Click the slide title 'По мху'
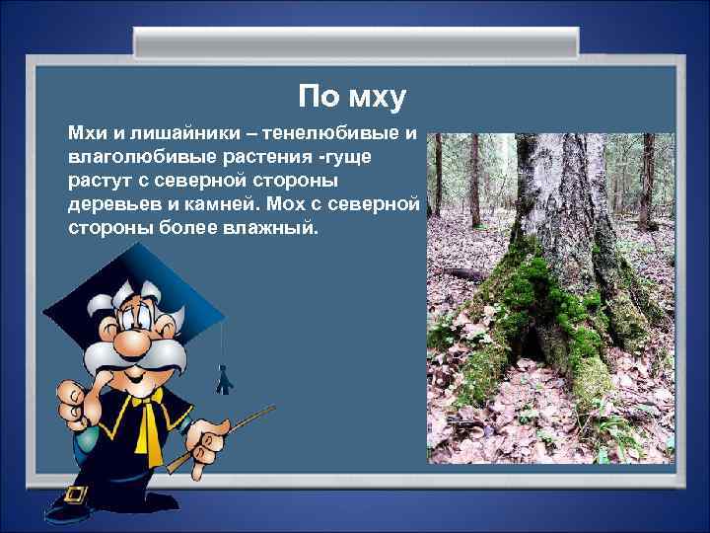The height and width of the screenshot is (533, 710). click(x=352, y=98)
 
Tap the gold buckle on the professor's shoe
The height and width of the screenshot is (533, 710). click(x=73, y=493)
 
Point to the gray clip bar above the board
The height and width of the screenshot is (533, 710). click(x=355, y=42)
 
